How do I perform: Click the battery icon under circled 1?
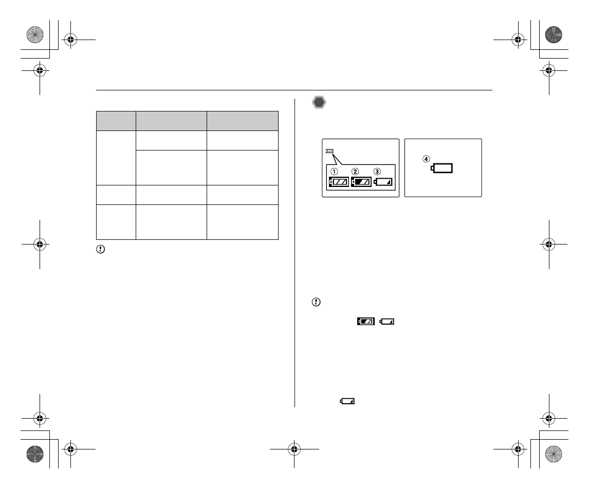point(339,182)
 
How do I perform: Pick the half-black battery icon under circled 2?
point(361,182)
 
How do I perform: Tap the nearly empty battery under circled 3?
point(383,182)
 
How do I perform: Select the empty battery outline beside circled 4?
point(441,168)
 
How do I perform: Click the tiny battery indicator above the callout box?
point(330,151)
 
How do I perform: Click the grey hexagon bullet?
point(319,103)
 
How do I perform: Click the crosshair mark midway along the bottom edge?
point(294,449)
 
